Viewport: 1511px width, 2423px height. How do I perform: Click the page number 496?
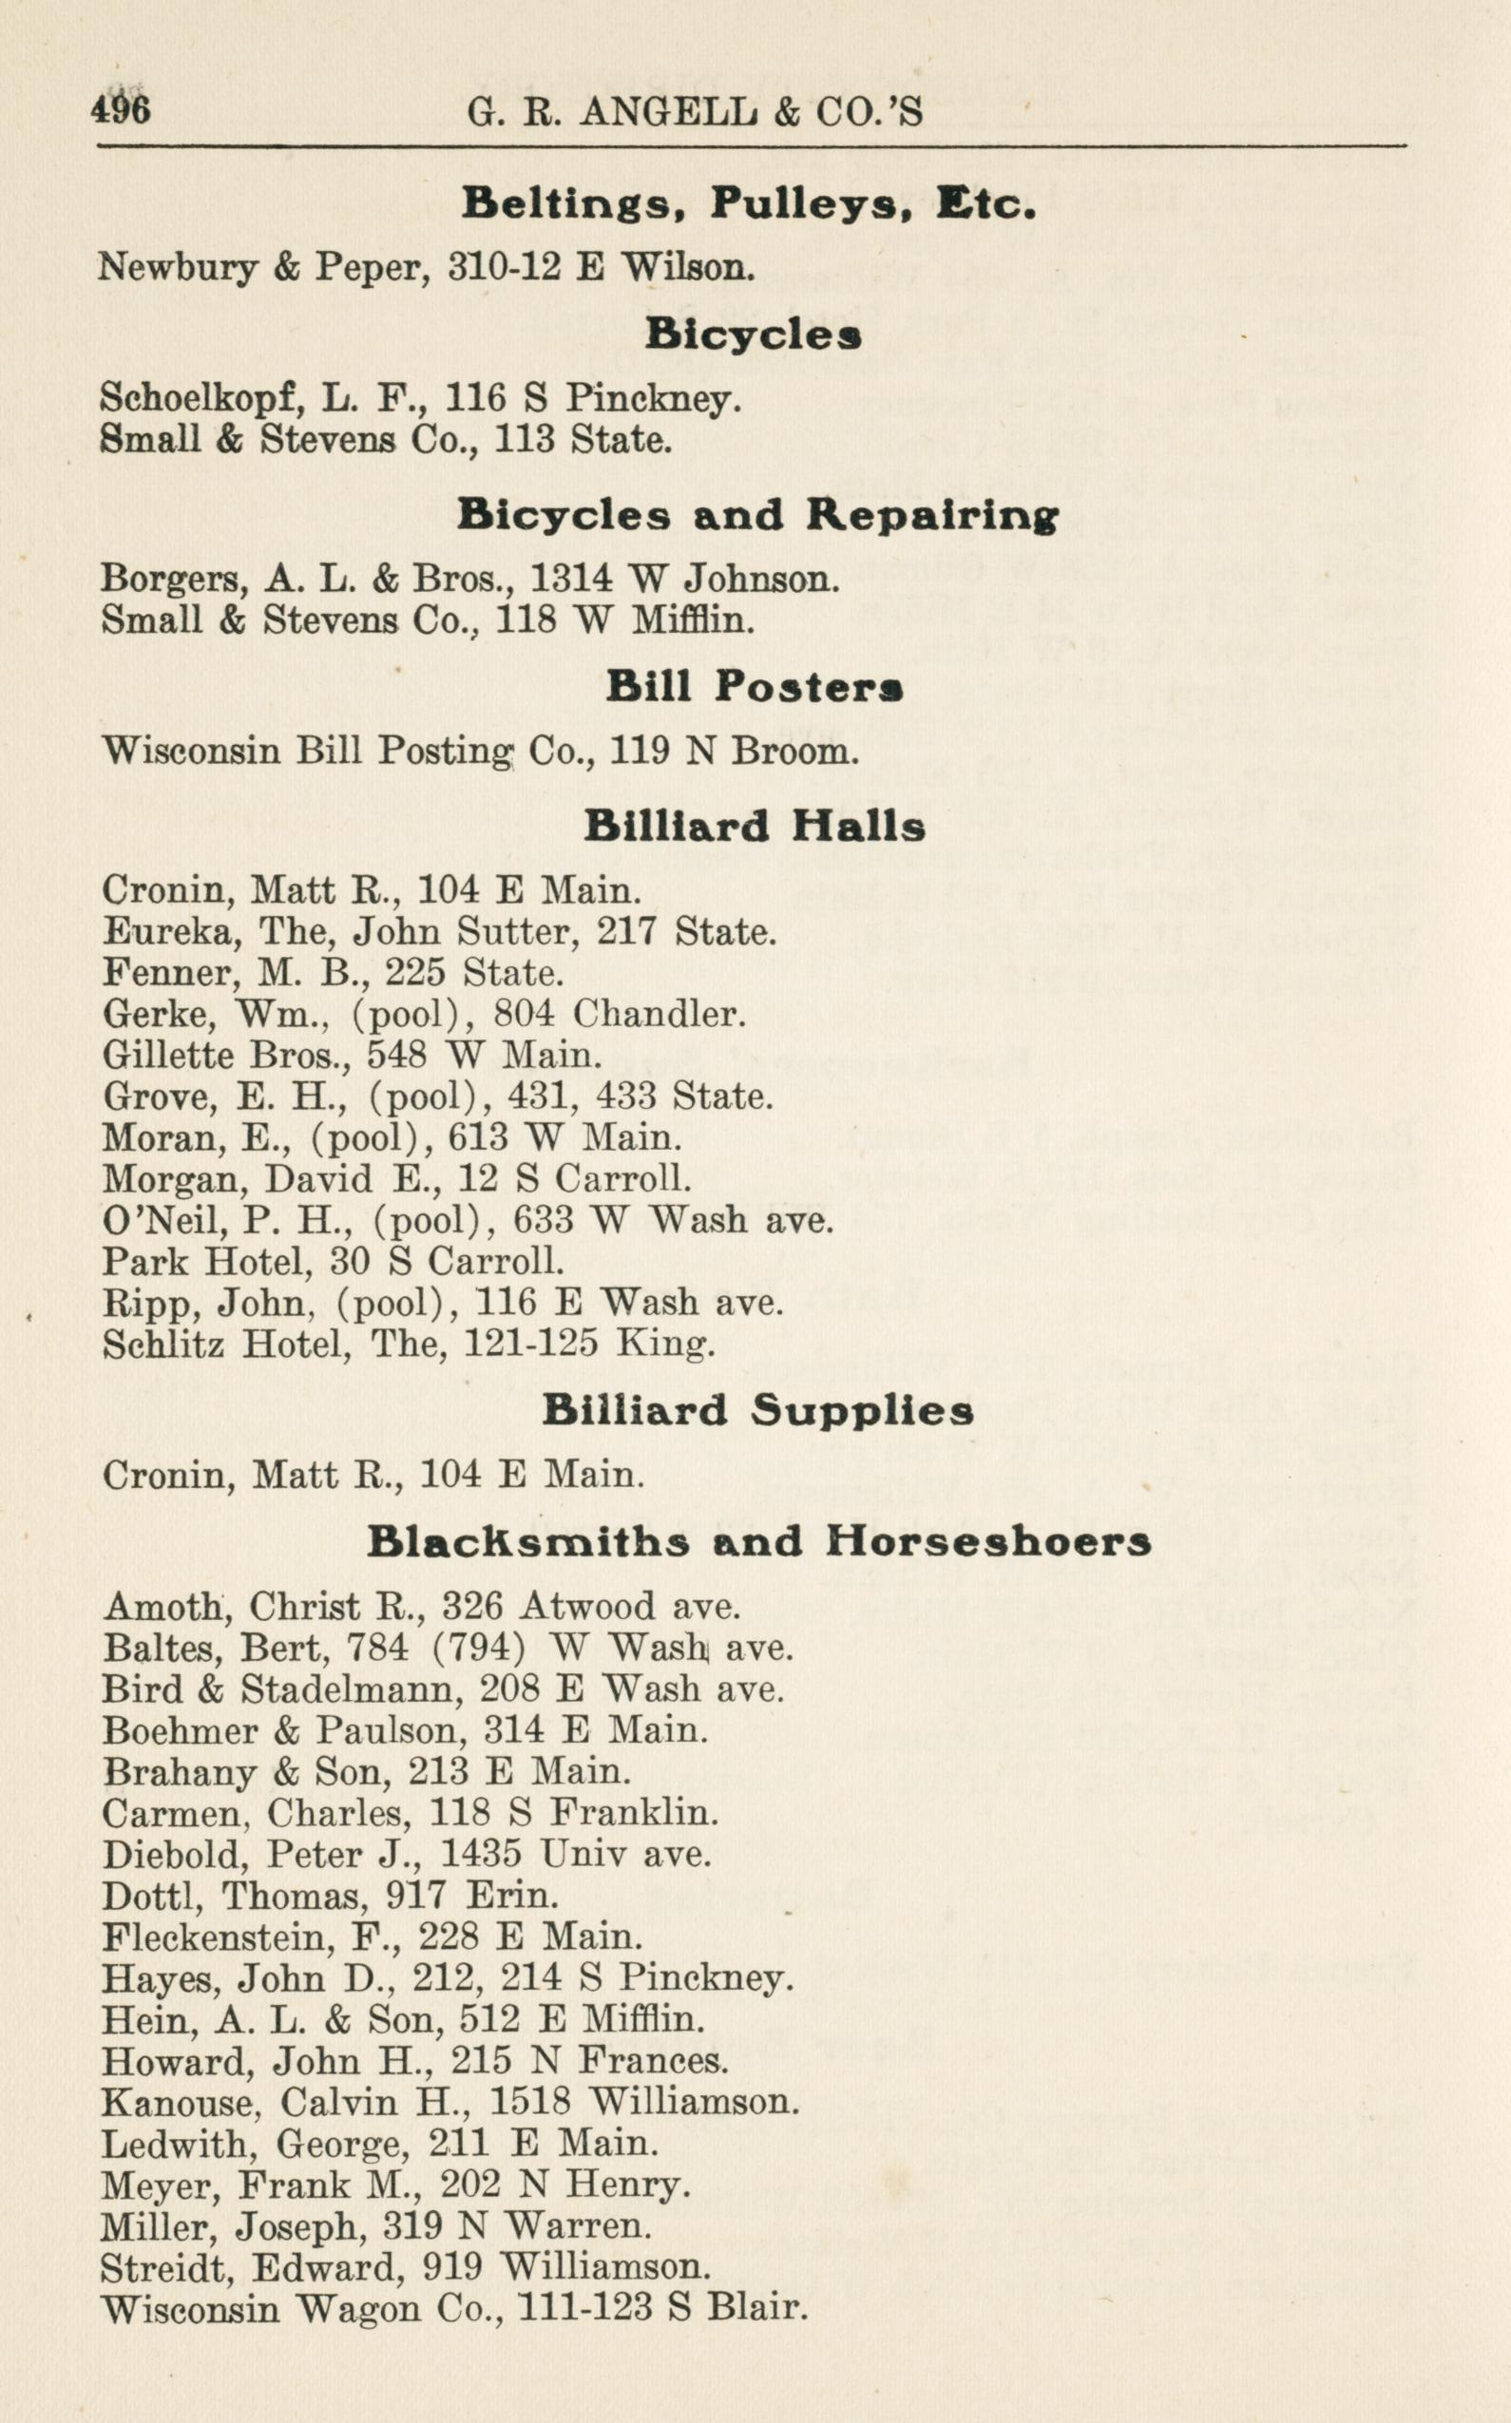121,109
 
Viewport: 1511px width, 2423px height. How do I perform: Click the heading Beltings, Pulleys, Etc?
749,204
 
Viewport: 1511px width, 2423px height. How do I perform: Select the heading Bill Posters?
755,687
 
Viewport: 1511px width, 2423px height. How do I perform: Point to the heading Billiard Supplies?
757,1411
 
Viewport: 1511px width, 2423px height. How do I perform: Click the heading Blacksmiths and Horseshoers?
758,1542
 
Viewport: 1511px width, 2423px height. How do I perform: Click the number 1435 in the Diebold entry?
481,1855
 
